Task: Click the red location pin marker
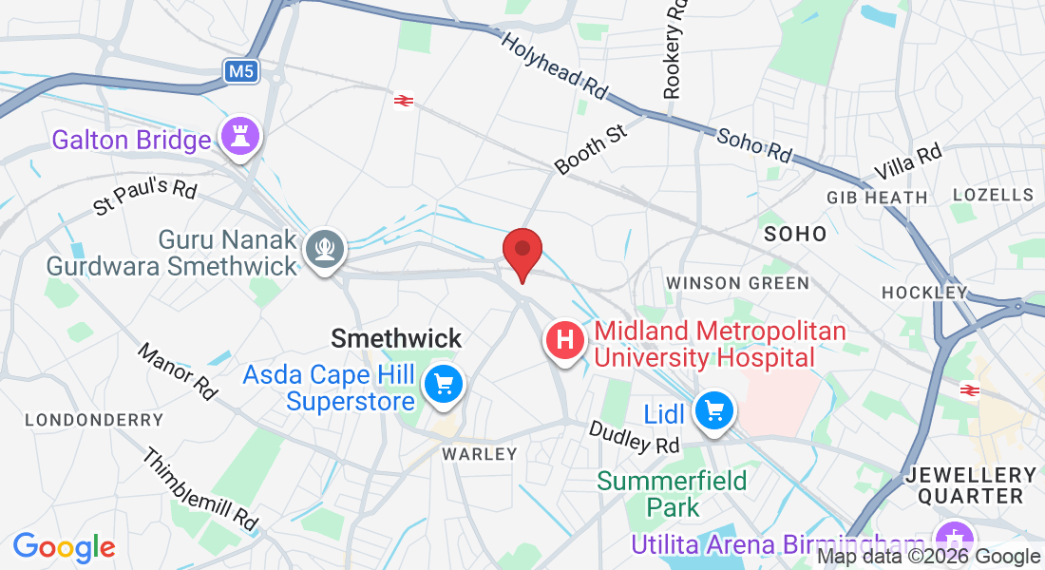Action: tap(522, 252)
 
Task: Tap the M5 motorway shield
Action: tap(242, 70)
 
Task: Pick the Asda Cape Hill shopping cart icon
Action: tap(443, 385)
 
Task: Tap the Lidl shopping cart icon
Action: tap(713, 411)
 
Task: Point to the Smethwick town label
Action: tap(396, 337)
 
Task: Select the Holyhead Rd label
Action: tap(553, 67)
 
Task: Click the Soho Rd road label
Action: tap(754, 143)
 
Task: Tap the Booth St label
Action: tap(593, 148)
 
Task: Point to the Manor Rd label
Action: tap(178, 371)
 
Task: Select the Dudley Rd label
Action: tap(635, 438)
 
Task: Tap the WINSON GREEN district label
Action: tap(737, 283)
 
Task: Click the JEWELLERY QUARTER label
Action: tap(970, 484)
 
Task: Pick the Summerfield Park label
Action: tap(672, 494)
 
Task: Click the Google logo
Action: tap(64, 547)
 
